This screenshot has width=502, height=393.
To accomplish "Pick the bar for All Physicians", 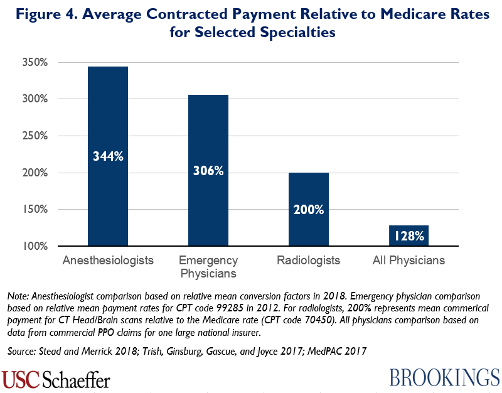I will pyautogui.click(x=409, y=235).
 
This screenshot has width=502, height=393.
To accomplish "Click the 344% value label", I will pyautogui.click(x=108, y=156).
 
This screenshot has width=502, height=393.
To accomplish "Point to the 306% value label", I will pyautogui.click(x=208, y=170).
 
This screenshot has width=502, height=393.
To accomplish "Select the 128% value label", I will pyautogui.click(x=409, y=236).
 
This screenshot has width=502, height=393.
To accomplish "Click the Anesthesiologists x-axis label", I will pyautogui.click(x=108, y=260).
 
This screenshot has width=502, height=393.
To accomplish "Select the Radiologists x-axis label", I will pyautogui.click(x=309, y=260).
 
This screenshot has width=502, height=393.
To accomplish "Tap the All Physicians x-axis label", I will pyautogui.click(x=409, y=260).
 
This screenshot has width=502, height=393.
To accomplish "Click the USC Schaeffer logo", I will pyautogui.click(x=56, y=379).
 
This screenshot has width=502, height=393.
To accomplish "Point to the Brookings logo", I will pyautogui.click(x=444, y=377).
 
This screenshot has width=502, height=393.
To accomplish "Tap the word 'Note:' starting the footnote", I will pyautogui.click(x=19, y=296).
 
